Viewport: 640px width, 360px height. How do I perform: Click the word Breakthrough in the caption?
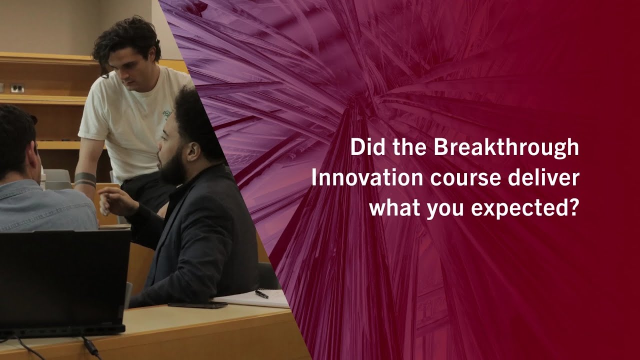[x=506, y=148]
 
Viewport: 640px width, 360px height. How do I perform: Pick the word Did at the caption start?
[x=364, y=148]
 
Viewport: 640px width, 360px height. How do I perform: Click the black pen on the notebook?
[x=261, y=294]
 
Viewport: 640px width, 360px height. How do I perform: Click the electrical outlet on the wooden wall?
[x=17, y=88]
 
